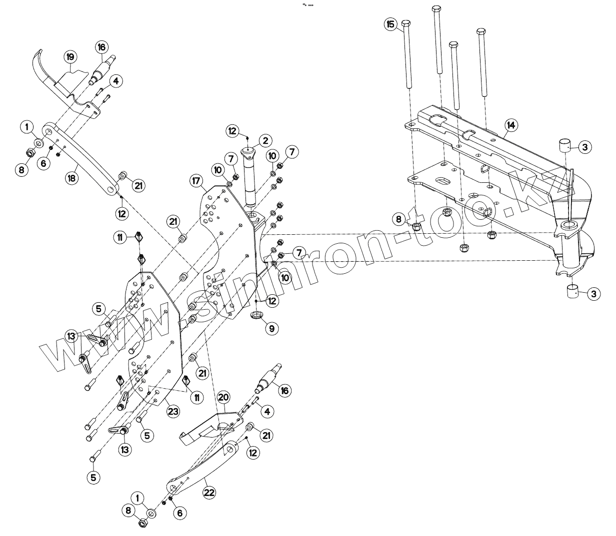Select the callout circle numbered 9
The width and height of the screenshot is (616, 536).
[x=272, y=329]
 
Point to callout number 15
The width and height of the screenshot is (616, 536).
[x=391, y=23]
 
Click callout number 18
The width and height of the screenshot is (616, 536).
[x=73, y=178]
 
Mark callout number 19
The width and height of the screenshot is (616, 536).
[x=71, y=57]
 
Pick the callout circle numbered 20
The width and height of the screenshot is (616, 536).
[x=223, y=398]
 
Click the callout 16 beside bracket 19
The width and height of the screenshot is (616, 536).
[x=101, y=47]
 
